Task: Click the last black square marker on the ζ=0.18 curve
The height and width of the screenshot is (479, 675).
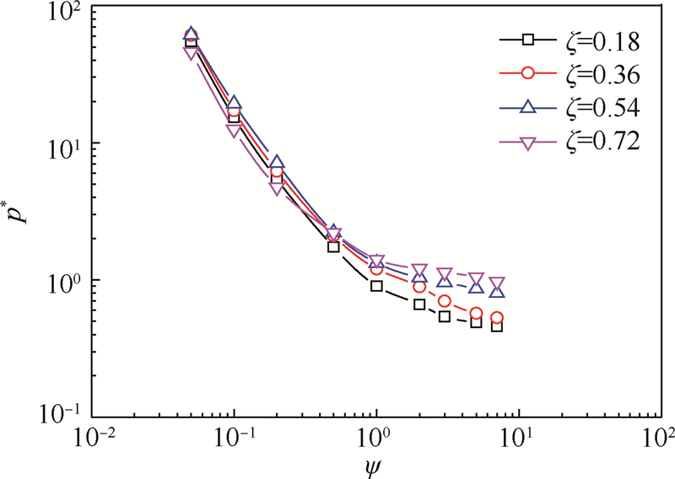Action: tap(497, 326)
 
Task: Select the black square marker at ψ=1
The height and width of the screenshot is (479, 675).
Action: tap(376, 287)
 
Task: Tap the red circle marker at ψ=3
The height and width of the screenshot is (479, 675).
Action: tap(445, 302)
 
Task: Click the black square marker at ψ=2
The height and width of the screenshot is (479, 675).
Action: tap(419, 304)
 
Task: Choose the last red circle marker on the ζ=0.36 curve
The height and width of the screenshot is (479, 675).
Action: tap(497, 318)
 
